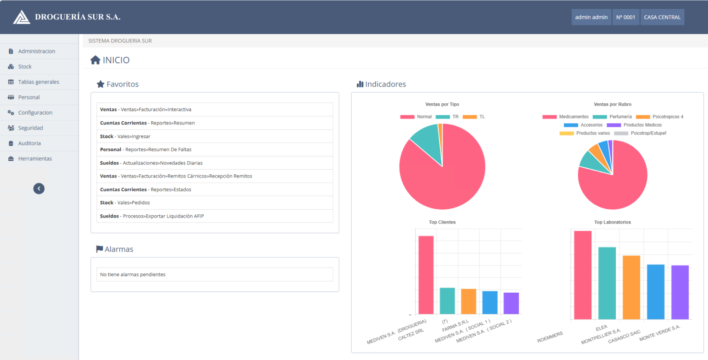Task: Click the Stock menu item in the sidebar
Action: [x=25, y=67]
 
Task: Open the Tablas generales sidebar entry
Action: [x=38, y=82]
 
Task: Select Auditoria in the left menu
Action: [x=29, y=143]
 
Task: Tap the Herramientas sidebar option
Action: [x=35, y=159]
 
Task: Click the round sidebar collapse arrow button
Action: [x=39, y=188]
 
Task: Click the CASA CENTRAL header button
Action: [x=662, y=17]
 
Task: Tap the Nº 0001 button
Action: [x=625, y=17]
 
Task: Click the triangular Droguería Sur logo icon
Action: [x=21, y=17]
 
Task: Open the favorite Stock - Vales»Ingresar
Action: [x=125, y=136]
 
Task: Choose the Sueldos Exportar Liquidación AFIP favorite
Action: [x=152, y=216]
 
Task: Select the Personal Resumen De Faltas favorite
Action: [x=146, y=149]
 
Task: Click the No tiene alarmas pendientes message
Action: [x=133, y=275]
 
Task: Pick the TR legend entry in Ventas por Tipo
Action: [x=448, y=117]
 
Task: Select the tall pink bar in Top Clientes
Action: [x=426, y=275]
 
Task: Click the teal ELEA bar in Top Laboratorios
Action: [x=607, y=283]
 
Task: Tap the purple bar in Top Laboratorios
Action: [x=680, y=292]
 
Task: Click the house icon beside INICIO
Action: [x=95, y=60]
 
